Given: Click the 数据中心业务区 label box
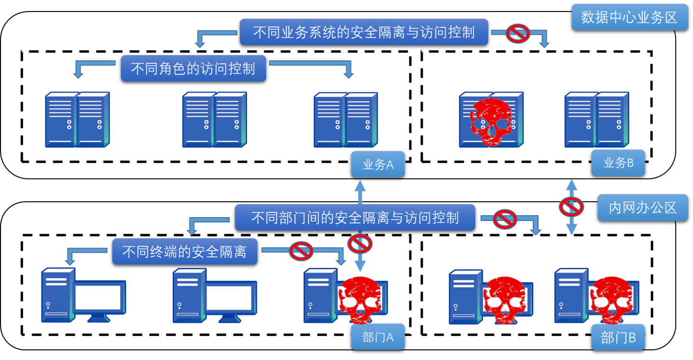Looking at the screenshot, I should (629, 17).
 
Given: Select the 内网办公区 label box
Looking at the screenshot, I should (642, 208).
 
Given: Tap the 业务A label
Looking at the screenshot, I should (378, 165).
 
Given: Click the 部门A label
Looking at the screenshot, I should (378, 337).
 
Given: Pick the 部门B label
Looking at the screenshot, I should (618, 337).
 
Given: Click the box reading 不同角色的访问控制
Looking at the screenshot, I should (193, 68).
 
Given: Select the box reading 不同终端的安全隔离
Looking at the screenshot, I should (184, 251).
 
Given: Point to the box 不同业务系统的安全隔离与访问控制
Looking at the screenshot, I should (364, 32).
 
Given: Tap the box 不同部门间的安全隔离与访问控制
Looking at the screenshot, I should (355, 218).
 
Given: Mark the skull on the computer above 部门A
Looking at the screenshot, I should (360, 300).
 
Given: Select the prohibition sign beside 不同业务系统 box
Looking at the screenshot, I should (518, 33).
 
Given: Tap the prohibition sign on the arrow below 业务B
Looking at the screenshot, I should (571, 207).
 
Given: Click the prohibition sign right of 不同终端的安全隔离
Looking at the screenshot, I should (301, 250).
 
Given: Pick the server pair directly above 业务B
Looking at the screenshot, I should (596, 119).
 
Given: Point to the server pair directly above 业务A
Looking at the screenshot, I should (346, 120).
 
